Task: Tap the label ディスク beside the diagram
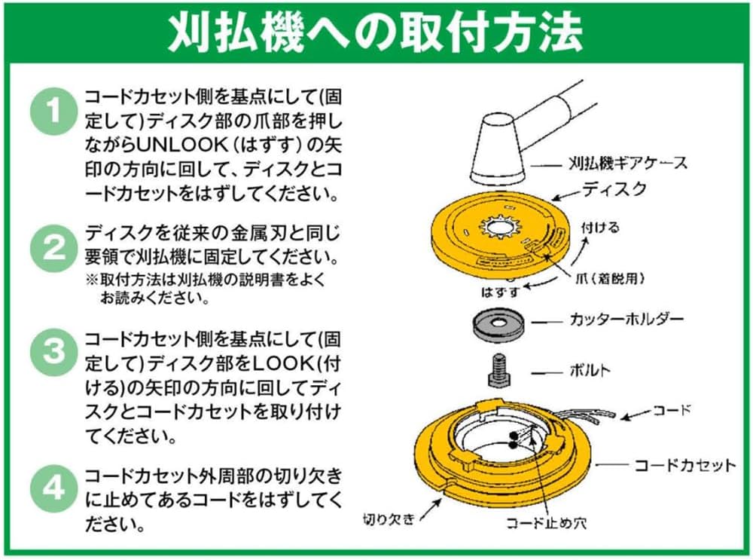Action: point(613,189)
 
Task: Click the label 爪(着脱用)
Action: point(608,278)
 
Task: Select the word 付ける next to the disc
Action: point(599,227)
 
